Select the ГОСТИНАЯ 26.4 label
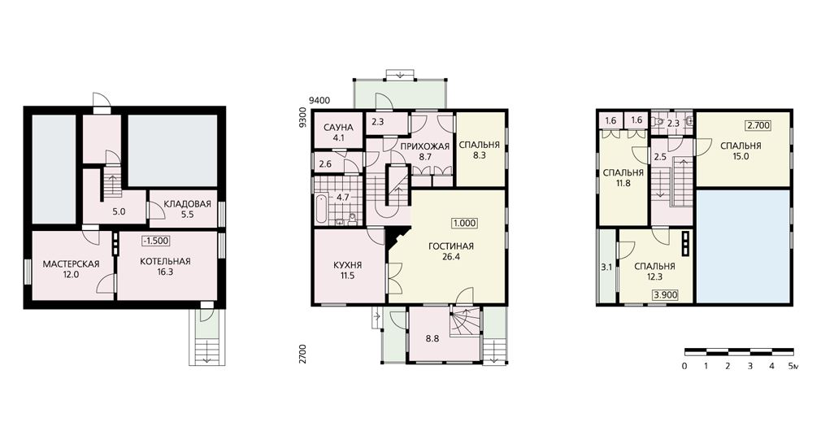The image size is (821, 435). [x=451, y=251]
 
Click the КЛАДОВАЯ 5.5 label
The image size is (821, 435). [x=187, y=209]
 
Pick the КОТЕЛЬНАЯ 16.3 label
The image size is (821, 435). [x=165, y=267]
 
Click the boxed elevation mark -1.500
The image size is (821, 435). [x=156, y=241]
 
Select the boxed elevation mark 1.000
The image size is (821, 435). [x=464, y=223]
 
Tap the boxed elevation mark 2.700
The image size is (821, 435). [x=758, y=126]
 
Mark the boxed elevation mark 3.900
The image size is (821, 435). [x=665, y=295]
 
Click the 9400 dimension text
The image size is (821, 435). [x=319, y=101]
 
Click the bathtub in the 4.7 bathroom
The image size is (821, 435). [x=320, y=210]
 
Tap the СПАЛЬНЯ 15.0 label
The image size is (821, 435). [x=741, y=150]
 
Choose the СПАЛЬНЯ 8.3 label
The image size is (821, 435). [x=479, y=150]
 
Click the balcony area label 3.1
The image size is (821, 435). [x=606, y=267]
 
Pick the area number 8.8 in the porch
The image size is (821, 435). [x=432, y=339]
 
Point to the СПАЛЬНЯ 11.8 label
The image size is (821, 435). [x=623, y=178]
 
